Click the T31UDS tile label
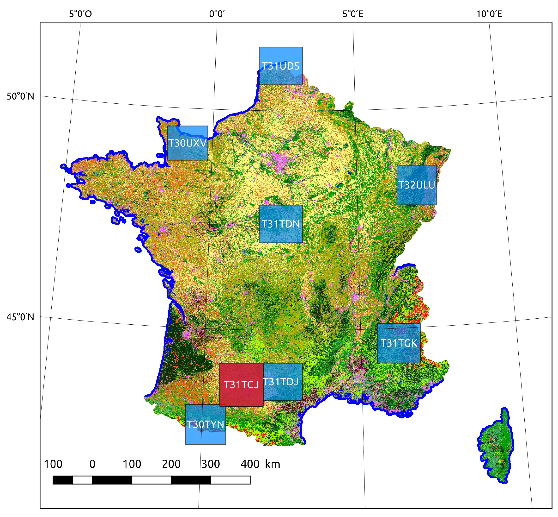point(280,66)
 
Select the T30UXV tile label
point(187,143)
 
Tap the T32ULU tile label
point(416,185)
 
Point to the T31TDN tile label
point(280,224)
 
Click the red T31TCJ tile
point(241,385)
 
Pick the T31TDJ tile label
point(280,382)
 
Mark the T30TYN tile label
point(205,424)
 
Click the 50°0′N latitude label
point(20,96)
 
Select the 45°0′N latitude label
point(20,317)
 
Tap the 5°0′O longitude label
point(80,13)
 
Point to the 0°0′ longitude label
point(217,13)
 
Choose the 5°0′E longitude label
point(353,13)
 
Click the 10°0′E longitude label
point(489,13)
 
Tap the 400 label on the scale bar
point(250,464)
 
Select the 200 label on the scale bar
point(171,464)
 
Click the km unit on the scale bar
point(272,464)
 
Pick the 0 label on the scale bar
point(92,464)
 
